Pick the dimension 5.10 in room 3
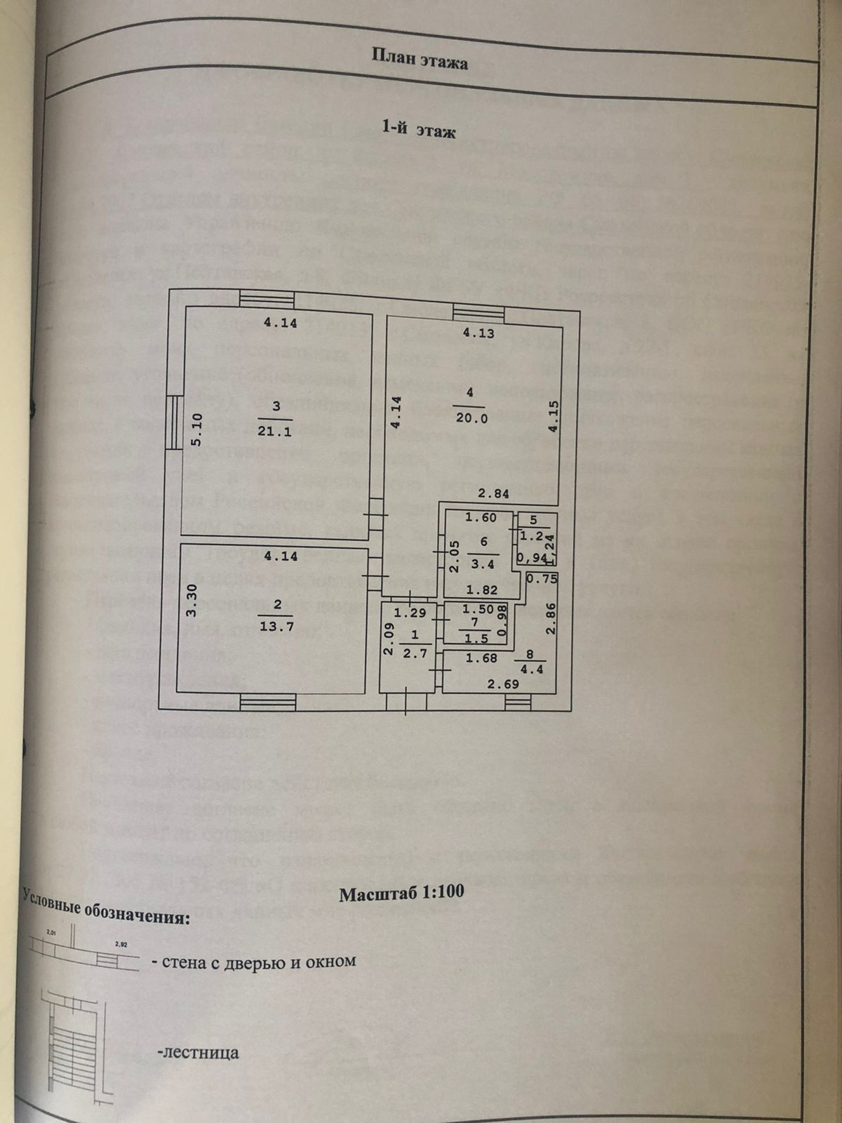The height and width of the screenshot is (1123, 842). (x=196, y=430)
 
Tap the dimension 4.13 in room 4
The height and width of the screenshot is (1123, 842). (x=477, y=333)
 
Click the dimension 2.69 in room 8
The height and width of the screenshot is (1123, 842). (x=502, y=684)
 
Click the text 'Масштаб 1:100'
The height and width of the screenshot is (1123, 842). (x=401, y=894)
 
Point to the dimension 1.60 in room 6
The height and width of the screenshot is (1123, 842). (x=481, y=518)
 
